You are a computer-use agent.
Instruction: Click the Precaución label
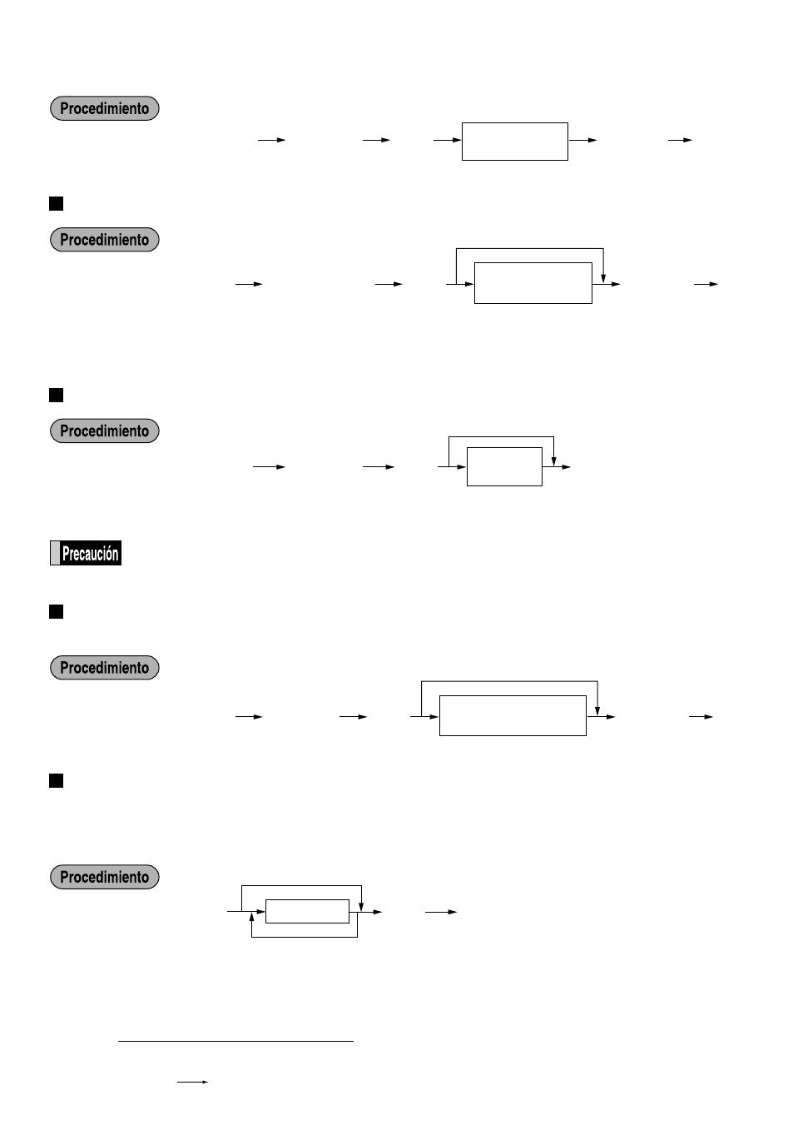tap(86, 553)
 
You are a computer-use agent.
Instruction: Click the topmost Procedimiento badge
tap(104, 108)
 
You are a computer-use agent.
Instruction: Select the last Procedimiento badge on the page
tap(104, 877)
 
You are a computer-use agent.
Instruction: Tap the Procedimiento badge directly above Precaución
tap(104, 431)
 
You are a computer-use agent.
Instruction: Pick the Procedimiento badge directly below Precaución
tap(104, 668)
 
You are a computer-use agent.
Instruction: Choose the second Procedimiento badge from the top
tap(104, 240)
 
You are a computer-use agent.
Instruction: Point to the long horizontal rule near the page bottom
tap(235, 1041)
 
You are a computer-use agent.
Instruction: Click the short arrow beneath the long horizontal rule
tap(192, 1082)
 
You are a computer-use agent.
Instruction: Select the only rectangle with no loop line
tap(514, 142)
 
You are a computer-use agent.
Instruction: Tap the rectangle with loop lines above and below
tap(307, 911)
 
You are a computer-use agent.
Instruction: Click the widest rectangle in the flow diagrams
tap(513, 715)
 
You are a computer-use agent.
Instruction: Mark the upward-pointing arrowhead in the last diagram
tap(251, 917)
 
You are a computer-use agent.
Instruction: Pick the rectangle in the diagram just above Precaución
tap(504, 466)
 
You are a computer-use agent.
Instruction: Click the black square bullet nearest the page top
tap(57, 203)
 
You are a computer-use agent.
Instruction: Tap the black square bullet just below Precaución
tap(57, 612)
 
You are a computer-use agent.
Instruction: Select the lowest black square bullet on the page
tap(57, 780)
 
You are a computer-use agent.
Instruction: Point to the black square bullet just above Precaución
tap(57, 395)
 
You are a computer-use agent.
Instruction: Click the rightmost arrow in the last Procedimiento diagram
tap(441, 912)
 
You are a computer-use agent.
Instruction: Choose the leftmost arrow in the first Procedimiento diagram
tap(271, 140)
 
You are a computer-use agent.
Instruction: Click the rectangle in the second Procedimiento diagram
tap(533, 283)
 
